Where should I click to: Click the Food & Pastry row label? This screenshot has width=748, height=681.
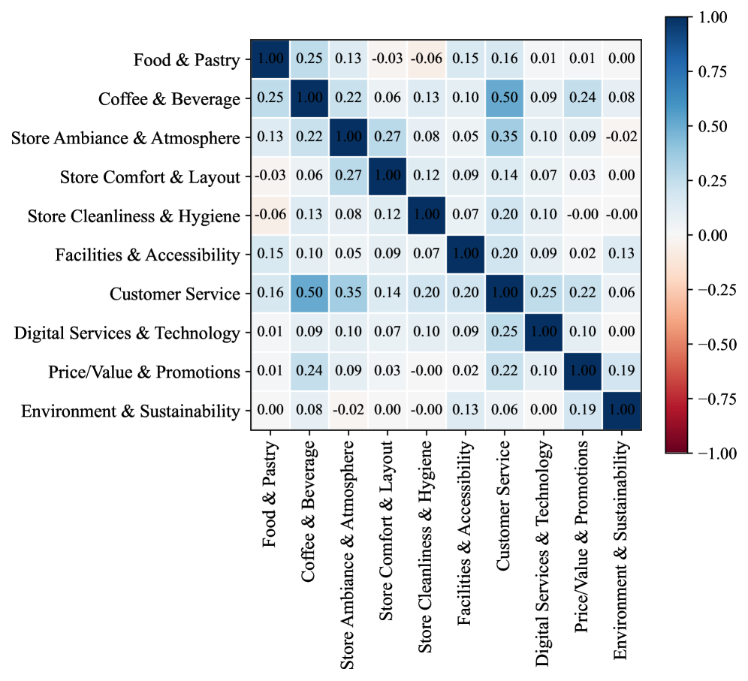[187, 59]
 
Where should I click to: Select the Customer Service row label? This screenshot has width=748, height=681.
[174, 294]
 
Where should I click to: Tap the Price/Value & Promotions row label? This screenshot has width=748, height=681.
[144, 372]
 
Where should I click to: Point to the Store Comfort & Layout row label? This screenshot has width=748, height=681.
[150, 176]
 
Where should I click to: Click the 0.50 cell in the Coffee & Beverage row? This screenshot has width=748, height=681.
[505, 98]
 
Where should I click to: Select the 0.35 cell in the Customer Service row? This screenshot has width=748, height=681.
[348, 294]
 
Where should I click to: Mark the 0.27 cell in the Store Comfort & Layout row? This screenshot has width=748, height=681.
[348, 176]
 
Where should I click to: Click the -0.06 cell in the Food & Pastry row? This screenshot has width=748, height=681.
[427, 59]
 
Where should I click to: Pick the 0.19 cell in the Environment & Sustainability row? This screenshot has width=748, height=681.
[583, 411]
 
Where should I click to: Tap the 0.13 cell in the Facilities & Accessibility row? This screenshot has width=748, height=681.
[622, 255]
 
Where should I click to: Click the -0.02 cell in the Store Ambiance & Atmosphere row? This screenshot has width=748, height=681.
[622, 137]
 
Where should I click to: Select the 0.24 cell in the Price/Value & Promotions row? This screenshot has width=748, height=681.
[309, 372]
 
